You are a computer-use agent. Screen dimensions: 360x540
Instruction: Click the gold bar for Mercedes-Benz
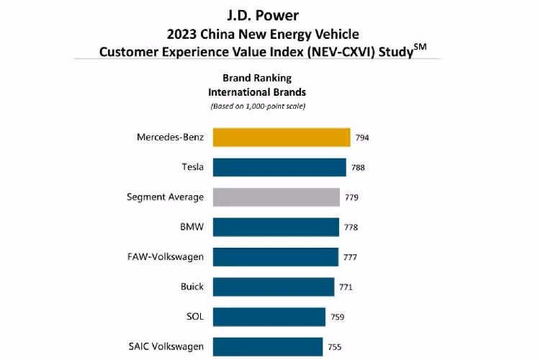coord(282,138)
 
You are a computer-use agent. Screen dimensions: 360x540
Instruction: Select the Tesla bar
coord(279,167)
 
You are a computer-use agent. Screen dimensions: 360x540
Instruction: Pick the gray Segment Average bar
coord(276,197)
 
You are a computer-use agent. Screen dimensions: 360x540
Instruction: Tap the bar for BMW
coord(276,227)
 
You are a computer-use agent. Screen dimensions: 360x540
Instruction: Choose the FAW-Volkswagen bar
coord(276,257)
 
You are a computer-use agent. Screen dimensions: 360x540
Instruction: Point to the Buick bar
coord(274,287)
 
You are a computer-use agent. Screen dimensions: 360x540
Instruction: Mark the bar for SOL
coord(269,317)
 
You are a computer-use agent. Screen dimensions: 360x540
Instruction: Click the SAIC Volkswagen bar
coord(268,346)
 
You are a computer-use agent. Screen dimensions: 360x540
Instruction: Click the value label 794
coord(362,138)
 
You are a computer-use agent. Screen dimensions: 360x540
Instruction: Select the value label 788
coord(358,168)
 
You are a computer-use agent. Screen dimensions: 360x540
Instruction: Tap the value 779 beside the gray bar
coord(351,197)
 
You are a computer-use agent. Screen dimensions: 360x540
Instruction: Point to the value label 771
coord(346,287)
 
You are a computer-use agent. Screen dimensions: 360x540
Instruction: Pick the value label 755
coord(335,347)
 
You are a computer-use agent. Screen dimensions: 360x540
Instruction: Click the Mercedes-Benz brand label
coord(170,137)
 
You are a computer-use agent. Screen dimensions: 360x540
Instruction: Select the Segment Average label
coord(165,197)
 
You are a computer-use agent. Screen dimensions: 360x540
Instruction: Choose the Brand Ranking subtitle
coord(256,78)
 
